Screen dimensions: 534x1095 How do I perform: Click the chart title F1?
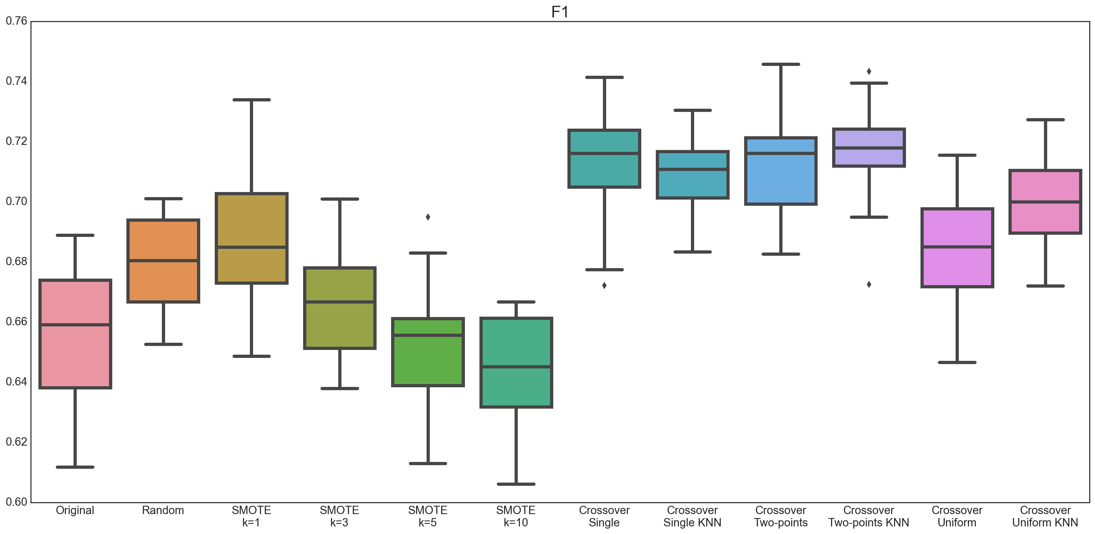point(559,12)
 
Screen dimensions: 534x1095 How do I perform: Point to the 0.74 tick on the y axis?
point(16,81)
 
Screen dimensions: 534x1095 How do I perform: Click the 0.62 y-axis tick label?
point(16,442)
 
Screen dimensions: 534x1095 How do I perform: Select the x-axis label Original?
point(75,510)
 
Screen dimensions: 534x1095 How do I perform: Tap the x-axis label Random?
point(163,510)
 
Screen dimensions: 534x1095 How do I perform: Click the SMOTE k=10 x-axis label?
point(516,516)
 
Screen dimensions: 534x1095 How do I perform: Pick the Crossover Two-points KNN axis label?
point(868,516)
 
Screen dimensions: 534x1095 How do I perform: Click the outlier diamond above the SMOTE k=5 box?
point(428,217)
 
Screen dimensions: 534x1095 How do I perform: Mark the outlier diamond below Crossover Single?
point(604,285)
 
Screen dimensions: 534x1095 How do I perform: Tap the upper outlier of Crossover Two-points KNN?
point(869,71)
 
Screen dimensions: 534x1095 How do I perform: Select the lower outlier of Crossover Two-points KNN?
point(869,284)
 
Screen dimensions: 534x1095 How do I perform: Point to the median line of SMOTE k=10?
point(516,367)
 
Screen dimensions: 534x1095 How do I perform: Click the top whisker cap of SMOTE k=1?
point(252,100)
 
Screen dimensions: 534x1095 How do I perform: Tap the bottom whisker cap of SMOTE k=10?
point(516,484)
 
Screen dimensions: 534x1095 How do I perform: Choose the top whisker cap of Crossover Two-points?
point(781,64)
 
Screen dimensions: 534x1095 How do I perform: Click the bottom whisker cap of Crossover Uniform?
point(957,362)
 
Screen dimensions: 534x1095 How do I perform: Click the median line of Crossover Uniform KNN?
point(1045,202)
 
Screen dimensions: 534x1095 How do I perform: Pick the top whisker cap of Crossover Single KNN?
point(692,110)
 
